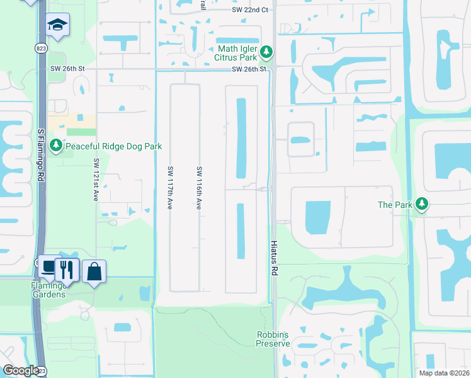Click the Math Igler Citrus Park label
coord(238,54)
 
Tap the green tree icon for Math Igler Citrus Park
coord(267,51)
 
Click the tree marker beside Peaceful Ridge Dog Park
coord(56,146)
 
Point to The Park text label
coord(394,205)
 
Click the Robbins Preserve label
coord(273,339)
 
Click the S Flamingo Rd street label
coord(40,148)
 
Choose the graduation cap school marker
coord(57,25)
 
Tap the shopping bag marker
coord(94,272)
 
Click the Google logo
coord(21,370)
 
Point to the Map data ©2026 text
coord(443,373)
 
